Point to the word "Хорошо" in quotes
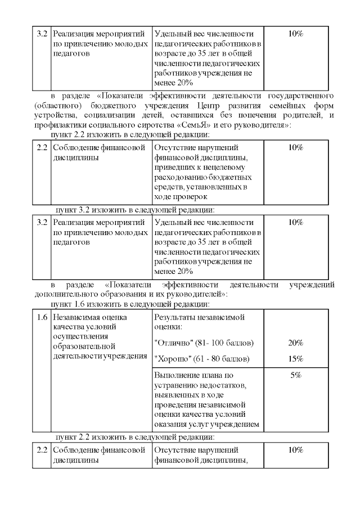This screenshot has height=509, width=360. click(172, 359)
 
